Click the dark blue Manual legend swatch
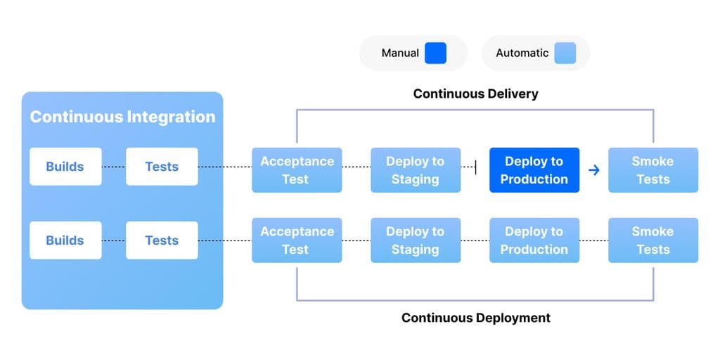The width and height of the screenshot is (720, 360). pyautogui.click(x=435, y=53)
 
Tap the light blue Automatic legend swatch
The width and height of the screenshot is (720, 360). pyautogui.click(x=565, y=53)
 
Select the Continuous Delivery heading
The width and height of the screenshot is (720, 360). pyautogui.click(x=475, y=94)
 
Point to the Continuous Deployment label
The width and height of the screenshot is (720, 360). pyautogui.click(x=475, y=318)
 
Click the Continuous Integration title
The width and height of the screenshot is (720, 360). pyautogui.click(x=122, y=117)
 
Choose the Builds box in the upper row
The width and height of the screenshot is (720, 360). pyautogui.click(x=65, y=167)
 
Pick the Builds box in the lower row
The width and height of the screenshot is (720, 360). pyautogui.click(x=65, y=240)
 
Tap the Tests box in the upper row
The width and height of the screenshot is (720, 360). pyautogui.click(x=162, y=167)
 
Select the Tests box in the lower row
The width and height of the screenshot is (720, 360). pyautogui.click(x=162, y=240)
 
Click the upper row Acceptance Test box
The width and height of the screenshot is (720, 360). pyautogui.click(x=297, y=170)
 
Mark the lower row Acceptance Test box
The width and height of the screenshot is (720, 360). pyautogui.click(x=297, y=240)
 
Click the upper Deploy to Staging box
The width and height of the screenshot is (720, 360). pyautogui.click(x=416, y=170)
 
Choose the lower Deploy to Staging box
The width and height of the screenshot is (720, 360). pyautogui.click(x=416, y=240)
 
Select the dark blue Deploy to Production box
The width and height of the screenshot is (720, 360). pyautogui.click(x=534, y=170)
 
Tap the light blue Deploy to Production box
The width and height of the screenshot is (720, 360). pyautogui.click(x=534, y=240)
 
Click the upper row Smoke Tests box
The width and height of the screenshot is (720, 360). pyautogui.click(x=653, y=170)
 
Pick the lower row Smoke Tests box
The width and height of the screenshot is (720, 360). pyautogui.click(x=653, y=240)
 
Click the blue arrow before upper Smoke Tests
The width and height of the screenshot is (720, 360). pyautogui.click(x=593, y=170)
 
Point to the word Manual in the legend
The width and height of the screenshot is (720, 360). pyautogui.click(x=400, y=53)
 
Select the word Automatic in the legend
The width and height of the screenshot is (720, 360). pyautogui.click(x=522, y=53)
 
